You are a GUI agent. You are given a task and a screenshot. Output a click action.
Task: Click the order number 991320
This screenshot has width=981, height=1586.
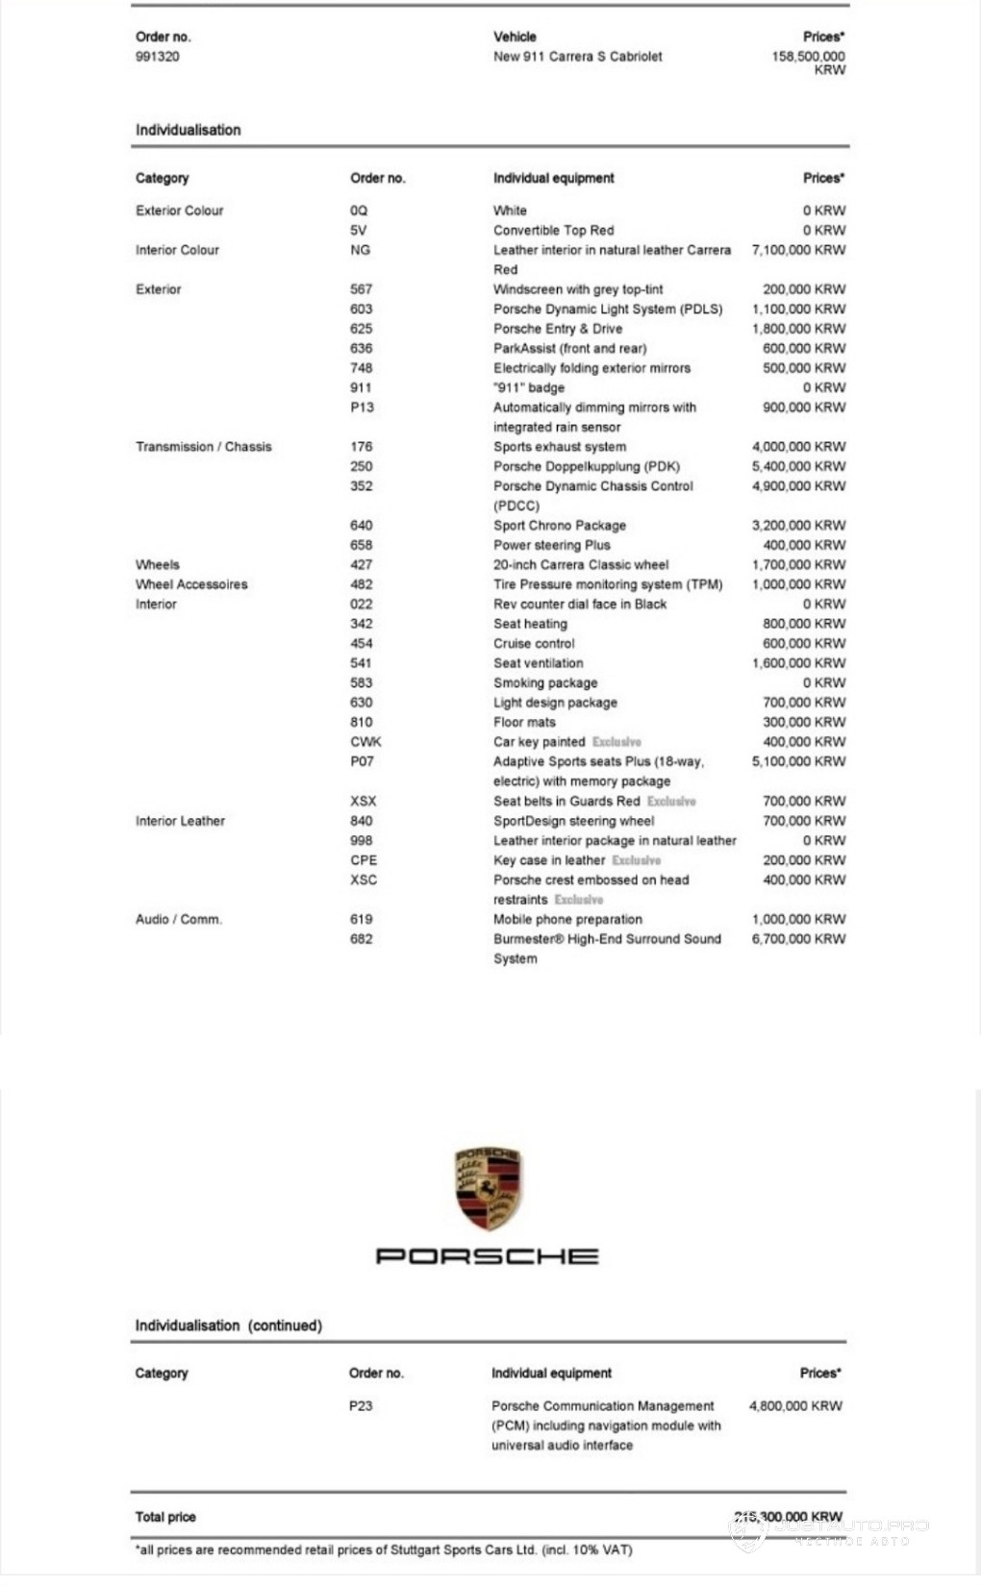[158, 57]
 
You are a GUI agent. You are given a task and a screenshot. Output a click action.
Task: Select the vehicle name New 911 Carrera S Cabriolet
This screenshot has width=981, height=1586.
[577, 57]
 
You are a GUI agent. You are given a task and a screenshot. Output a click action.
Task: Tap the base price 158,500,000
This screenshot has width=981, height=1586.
[808, 57]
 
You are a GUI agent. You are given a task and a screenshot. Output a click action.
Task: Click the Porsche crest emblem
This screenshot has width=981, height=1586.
[488, 1188]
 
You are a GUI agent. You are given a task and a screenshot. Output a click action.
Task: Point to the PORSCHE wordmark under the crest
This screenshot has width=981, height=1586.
[487, 1256]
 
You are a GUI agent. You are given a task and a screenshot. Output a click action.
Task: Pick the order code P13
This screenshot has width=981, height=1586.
[362, 408]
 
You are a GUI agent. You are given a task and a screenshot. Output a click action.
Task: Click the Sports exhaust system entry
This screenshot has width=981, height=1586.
[560, 447]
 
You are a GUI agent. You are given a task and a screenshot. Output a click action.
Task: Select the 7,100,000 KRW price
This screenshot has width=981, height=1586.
[798, 250]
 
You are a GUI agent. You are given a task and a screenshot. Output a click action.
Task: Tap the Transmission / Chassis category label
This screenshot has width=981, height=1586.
[204, 447]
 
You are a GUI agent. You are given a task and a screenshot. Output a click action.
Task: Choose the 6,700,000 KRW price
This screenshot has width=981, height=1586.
[798, 939]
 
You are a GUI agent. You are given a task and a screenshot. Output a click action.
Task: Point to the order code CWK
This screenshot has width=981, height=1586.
[365, 742]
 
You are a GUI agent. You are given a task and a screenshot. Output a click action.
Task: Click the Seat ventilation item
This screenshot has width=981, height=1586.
[538, 663]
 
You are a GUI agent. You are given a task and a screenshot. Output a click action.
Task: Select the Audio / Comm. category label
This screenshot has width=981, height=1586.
[179, 920]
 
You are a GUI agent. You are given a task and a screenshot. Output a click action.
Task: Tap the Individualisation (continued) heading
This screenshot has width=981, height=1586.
[229, 1326]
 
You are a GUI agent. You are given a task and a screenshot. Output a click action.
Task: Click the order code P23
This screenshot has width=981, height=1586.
[361, 1406]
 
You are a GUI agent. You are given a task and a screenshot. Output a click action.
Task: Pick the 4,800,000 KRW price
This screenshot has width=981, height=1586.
[795, 1406]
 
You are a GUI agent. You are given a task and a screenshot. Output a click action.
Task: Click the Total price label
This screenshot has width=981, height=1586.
[165, 1517]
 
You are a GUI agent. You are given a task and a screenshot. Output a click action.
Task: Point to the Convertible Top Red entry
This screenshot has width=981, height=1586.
[553, 231]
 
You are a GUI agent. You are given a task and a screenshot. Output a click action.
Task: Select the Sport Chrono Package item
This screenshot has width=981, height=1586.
[560, 526]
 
